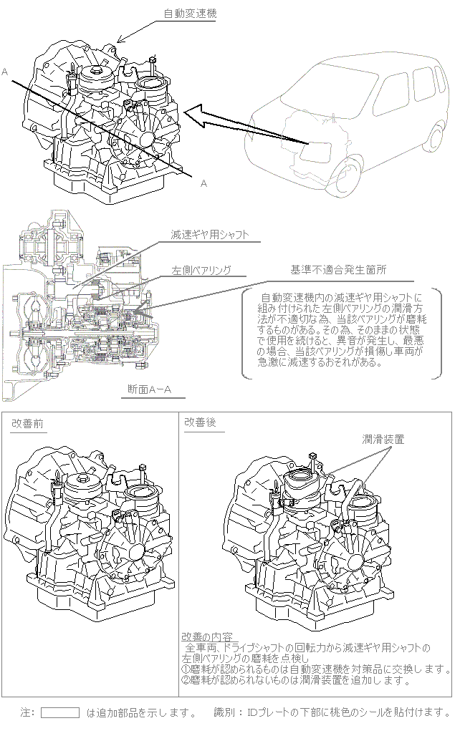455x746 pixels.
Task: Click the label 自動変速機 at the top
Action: [x=190, y=14]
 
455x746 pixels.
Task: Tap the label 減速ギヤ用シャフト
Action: [x=210, y=234]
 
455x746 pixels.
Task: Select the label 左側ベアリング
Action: [x=201, y=270]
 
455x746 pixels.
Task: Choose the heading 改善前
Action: [x=28, y=423]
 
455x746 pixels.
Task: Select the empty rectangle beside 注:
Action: [x=59, y=713]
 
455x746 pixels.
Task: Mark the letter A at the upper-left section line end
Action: [x=5, y=72]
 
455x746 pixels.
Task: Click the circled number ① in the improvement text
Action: [x=186, y=669]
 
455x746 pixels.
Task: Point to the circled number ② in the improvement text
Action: [x=186, y=680]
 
